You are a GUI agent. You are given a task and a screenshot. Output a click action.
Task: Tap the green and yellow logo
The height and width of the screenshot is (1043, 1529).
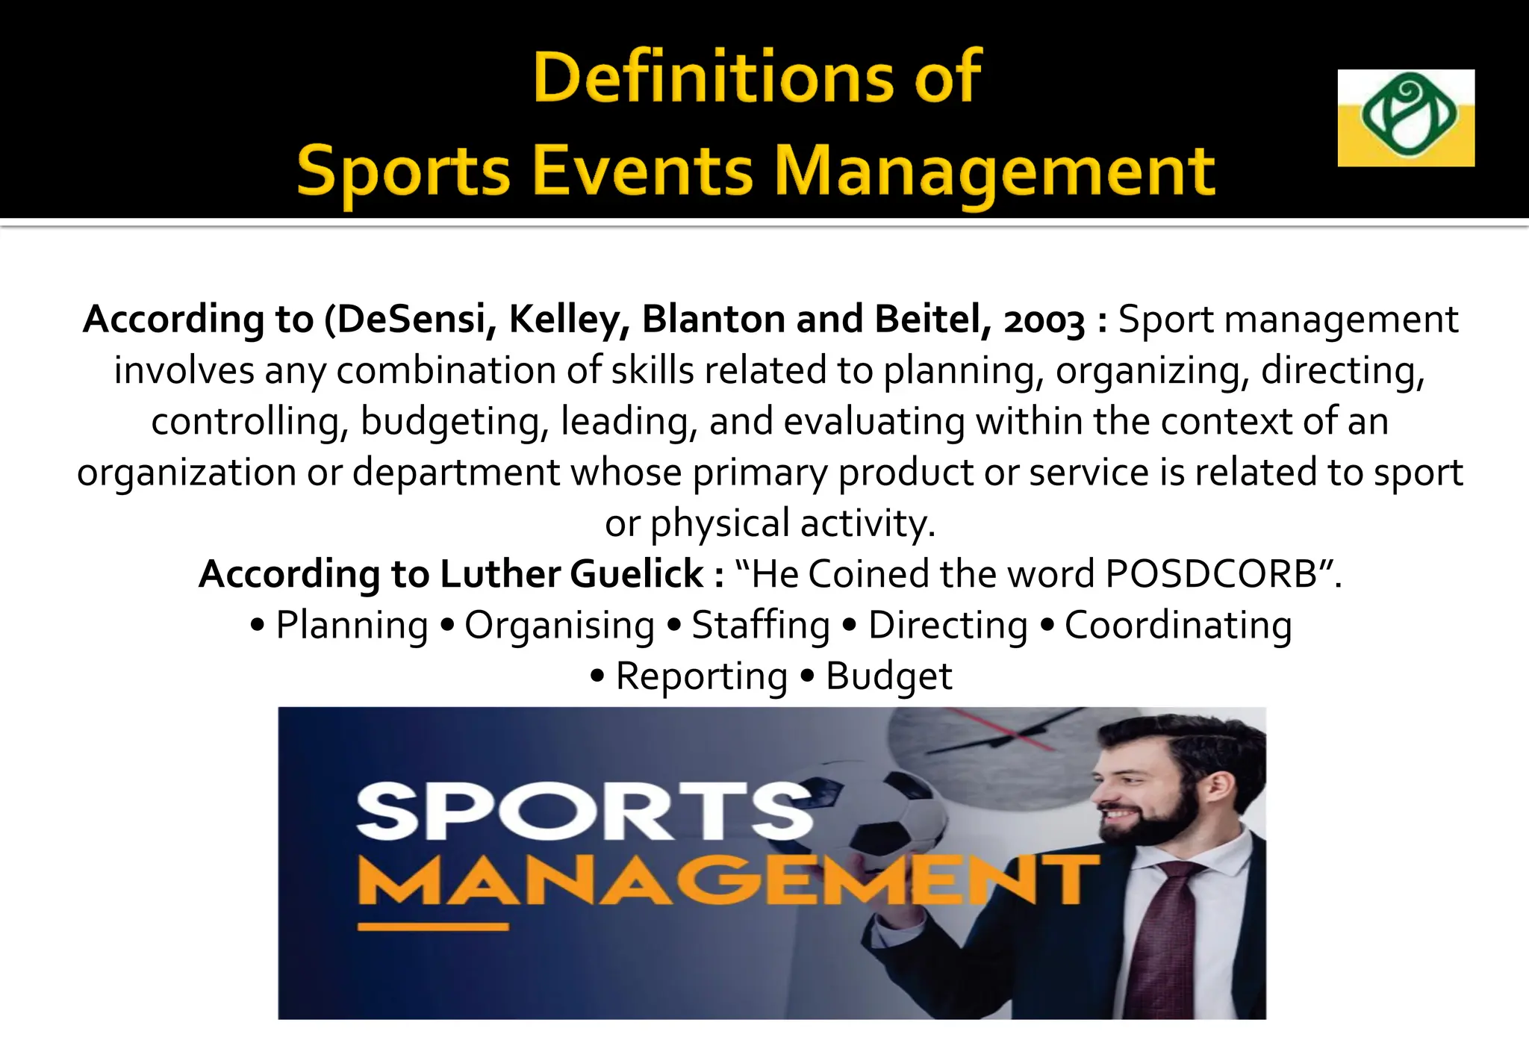1405,117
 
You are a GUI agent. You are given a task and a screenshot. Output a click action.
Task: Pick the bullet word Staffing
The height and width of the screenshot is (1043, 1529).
760,625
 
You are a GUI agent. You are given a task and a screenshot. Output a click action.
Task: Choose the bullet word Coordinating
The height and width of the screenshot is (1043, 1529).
1177,625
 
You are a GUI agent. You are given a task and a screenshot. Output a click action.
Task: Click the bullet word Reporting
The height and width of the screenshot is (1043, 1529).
701,676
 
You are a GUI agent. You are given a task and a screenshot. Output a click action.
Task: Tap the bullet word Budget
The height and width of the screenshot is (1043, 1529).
888,676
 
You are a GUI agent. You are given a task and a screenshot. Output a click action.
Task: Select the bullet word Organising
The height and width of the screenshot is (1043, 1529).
559,625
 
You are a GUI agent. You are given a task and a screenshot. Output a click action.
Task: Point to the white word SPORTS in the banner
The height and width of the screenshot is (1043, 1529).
585,812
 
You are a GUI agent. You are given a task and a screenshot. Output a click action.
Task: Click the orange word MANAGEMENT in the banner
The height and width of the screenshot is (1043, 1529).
728,880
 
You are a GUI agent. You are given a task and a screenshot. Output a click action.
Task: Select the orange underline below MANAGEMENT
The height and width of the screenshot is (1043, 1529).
433,927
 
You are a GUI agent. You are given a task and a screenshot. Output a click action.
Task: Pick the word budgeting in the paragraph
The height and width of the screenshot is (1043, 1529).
449,421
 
